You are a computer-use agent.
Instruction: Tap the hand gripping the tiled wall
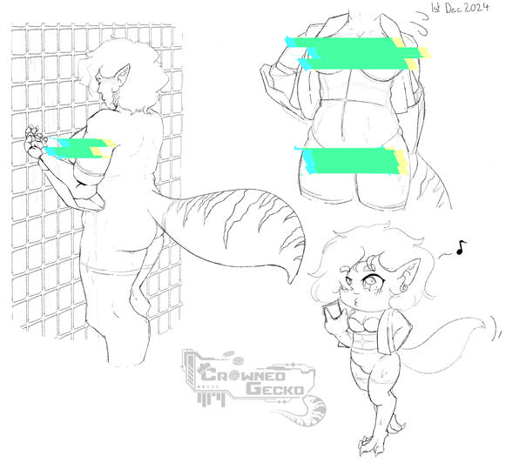tap(35, 139)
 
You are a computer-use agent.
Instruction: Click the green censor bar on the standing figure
tap(77, 149)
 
